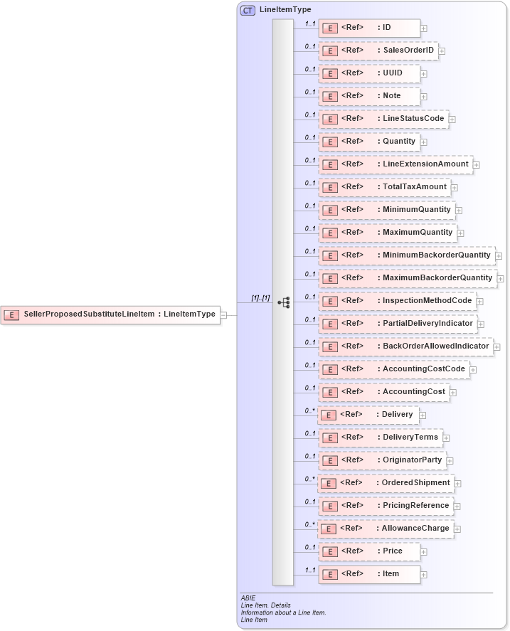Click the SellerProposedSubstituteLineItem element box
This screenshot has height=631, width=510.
pos(110,314)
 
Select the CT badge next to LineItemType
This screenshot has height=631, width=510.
pos(248,10)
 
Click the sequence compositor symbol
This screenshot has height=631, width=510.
pos(284,302)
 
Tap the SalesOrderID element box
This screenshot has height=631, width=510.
pos(378,51)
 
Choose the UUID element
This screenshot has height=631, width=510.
pos(369,73)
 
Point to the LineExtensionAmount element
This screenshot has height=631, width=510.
pos(395,164)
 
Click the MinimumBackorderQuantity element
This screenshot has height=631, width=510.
pos(407,255)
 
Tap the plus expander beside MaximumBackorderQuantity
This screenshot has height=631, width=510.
pos(501,279)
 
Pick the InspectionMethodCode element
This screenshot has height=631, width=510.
pos(397,301)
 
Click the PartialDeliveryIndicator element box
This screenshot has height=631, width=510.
pos(398,324)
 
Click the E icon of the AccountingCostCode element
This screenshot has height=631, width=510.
pos(330,370)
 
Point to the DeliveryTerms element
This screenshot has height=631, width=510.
pos(380,438)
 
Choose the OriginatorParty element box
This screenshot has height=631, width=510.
pos(382,460)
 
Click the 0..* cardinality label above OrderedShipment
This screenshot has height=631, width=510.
pos(310,479)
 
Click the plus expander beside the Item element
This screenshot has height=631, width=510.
pos(424,575)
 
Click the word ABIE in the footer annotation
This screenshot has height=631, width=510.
pos(248,598)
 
